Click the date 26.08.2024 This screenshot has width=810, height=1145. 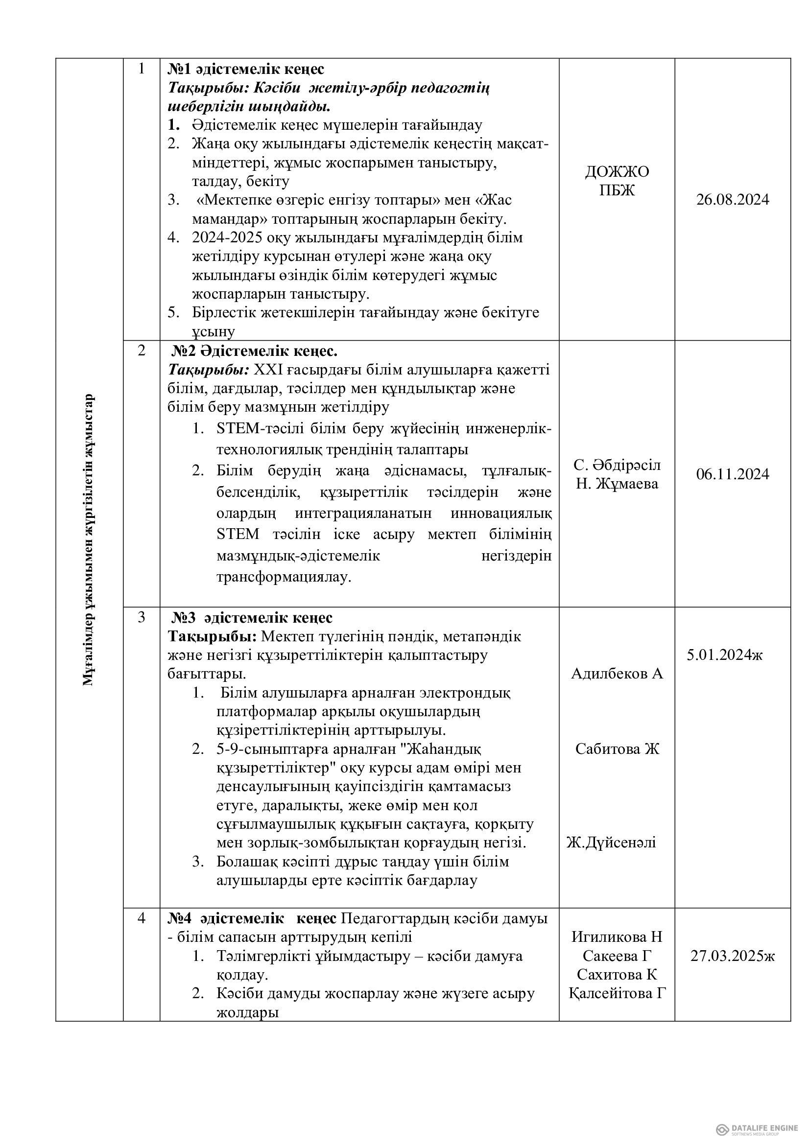click(x=732, y=200)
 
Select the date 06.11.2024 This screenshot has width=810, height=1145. click(x=732, y=474)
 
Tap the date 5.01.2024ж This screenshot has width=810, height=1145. click(x=724, y=655)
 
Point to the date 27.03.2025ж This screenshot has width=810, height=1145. click(x=732, y=956)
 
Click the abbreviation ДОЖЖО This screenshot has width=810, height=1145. click(x=617, y=171)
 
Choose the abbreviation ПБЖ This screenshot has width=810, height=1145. click(x=617, y=190)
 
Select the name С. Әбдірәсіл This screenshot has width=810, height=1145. click(x=617, y=465)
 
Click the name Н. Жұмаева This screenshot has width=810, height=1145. click(x=617, y=483)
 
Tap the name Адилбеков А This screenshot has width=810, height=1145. click(x=617, y=674)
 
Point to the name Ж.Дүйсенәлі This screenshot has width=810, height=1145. click(x=611, y=842)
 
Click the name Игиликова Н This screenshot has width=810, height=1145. click(x=617, y=936)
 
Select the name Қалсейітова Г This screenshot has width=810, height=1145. click(x=618, y=993)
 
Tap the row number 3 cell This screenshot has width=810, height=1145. click(x=141, y=617)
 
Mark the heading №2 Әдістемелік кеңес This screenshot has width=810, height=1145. click(x=254, y=351)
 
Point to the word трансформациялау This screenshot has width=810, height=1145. click(x=284, y=577)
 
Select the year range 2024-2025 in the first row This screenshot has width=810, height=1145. click(x=227, y=237)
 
